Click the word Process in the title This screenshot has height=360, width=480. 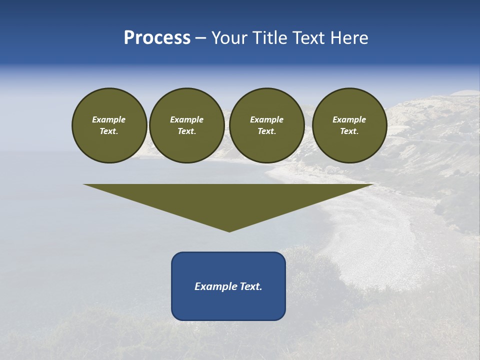[157, 38]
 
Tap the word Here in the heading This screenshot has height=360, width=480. [349, 38]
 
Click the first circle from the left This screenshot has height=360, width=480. [109, 125]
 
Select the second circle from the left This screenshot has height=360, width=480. [187, 125]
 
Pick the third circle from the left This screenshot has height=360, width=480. [267, 125]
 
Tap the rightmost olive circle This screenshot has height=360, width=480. [349, 125]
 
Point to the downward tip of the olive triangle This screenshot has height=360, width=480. [229, 230]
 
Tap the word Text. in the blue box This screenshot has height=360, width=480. [250, 286]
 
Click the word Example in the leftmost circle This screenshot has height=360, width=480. [109, 119]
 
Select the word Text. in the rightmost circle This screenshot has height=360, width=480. [349, 131]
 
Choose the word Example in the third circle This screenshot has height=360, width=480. [267, 119]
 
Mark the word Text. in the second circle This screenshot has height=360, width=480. [187, 131]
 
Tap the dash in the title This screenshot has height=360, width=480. [200, 38]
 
